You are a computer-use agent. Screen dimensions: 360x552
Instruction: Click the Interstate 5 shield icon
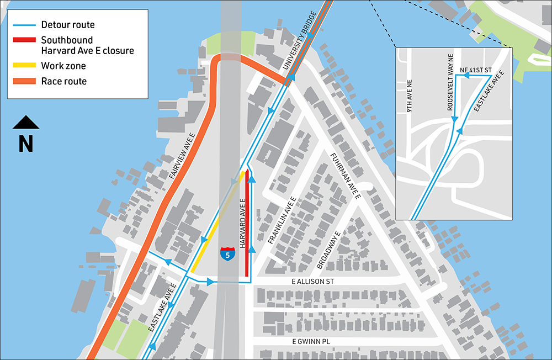click(227, 254)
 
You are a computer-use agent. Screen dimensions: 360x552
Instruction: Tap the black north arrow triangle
click(26, 123)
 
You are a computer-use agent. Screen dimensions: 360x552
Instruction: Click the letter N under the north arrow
click(26, 143)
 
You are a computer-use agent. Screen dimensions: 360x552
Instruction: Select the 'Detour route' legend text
click(68, 25)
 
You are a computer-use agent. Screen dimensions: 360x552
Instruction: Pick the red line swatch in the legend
click(25, 40)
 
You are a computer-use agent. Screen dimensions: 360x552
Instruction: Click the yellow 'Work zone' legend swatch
click(25, 66)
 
